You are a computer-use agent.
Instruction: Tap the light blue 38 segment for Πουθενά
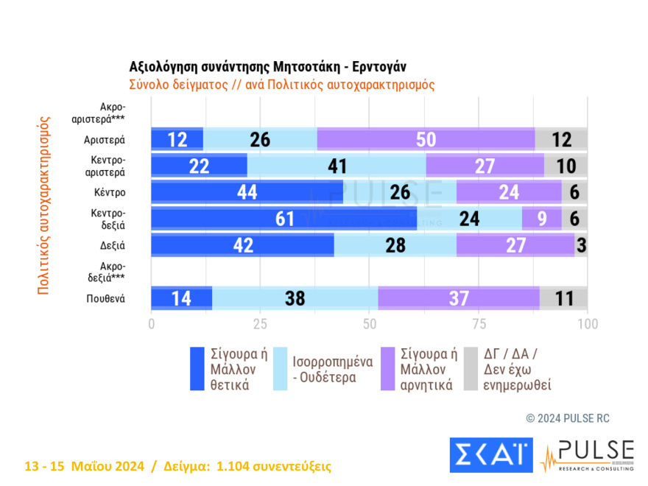point(295,297)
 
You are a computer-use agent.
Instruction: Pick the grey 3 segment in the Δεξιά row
point(581,244)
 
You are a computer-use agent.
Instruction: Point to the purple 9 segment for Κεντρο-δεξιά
point(541,218)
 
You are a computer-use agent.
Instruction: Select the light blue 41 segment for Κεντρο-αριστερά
point(337,166)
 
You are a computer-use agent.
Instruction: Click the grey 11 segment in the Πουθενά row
point(563,297)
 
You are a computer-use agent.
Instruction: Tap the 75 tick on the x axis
point(479,324)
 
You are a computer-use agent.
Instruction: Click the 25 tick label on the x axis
point(260,324)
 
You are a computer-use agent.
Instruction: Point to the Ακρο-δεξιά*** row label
point(109,271)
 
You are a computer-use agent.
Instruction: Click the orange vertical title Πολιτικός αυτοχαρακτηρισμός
point(43,205)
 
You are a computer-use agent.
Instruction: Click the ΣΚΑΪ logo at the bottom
point(490,455)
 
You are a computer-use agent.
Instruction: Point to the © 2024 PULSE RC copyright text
point(568,418)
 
